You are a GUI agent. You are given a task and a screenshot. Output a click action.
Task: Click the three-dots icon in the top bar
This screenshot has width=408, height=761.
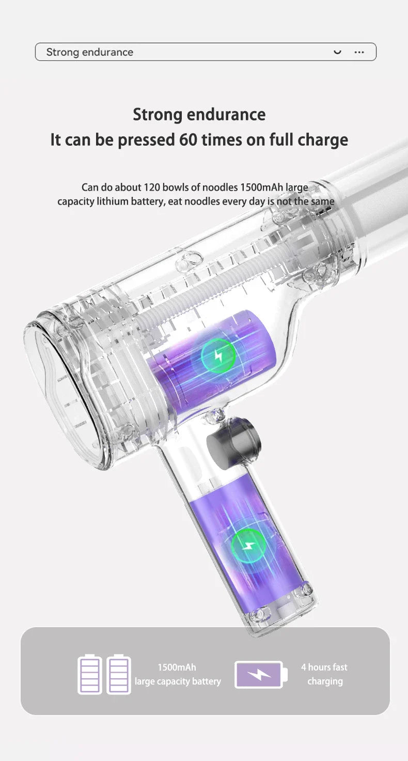pos(359,52)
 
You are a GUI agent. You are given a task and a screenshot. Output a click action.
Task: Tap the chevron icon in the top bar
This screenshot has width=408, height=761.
pos(337,52)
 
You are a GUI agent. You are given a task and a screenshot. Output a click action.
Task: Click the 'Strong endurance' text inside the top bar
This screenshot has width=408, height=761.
pos(90,52)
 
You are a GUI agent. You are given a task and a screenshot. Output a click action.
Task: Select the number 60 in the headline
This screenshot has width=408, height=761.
pos(188,139)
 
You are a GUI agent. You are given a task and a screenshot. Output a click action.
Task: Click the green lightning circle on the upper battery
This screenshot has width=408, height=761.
pos(218,355)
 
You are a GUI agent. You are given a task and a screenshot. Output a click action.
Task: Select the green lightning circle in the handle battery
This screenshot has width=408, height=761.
pos(248,546)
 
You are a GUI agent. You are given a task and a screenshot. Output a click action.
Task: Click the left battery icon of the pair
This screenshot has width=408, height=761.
pos(90,674)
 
